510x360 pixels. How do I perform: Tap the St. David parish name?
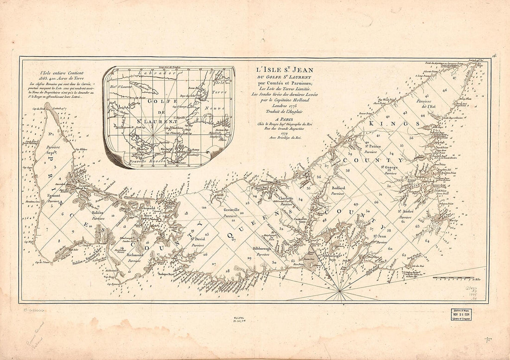tap(197, 241)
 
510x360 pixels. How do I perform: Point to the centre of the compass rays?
tap(341, 291)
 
